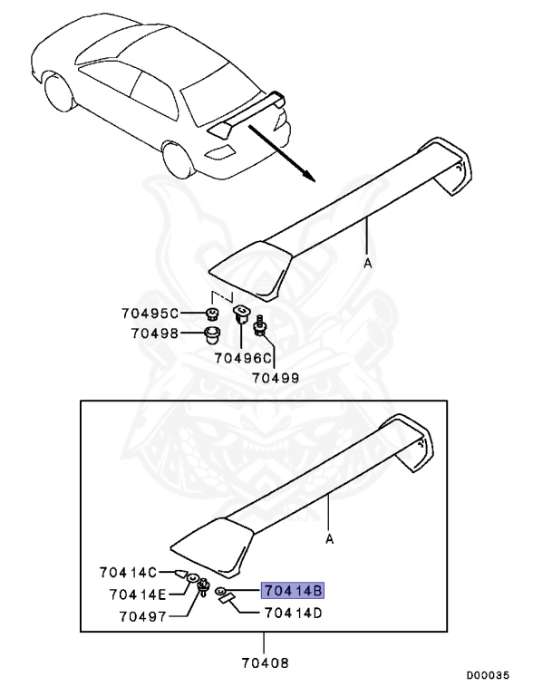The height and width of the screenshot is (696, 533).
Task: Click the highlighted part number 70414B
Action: pyautogui.click(x=293, y=591)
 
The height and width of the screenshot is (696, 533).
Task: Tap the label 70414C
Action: pyautogui.click(x=128, y=572)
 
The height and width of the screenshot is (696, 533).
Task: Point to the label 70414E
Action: pyautogui.click(x=137, y=594)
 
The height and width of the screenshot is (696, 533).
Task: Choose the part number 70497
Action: pyautogui.click(x=142, y=616)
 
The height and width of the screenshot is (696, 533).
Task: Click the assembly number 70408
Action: pyautogui.click(x=266, y=663)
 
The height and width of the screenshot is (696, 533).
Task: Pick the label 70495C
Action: pyautogui.click(x=150, y=314)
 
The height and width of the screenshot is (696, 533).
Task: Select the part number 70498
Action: pyautogui.click(x=154, y=333)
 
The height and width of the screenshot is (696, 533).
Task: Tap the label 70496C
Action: pyautogui.click(x=243, y=358)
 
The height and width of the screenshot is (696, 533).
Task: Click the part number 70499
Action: pyautogui.click(x=276, y=378)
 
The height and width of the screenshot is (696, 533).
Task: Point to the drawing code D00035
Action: pyautogui.click(x=488, y=675)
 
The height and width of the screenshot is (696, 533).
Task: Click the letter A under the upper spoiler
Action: pyautogui.click(x=368, y=264)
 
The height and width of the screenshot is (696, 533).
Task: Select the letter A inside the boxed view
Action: pyautogui.click(x=329, y=539)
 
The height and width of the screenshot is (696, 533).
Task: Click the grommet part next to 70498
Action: pyautogui.click(x=212, y=335)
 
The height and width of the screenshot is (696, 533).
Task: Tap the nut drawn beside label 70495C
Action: pyautogui.click(x=213, y=314)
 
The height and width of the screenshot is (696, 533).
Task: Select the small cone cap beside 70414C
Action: pyautogui.click(x=180, y=573)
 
